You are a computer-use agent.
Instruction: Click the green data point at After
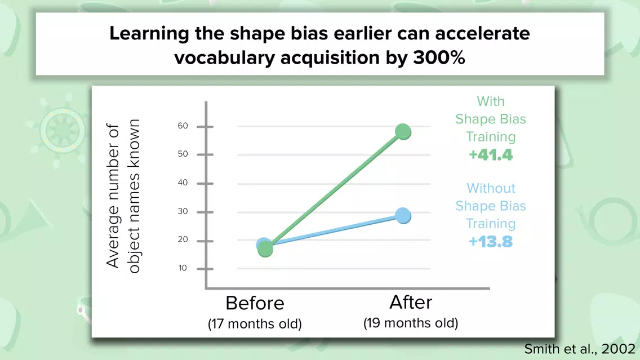point(403,131)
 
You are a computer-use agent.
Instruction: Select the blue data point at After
point(403,216)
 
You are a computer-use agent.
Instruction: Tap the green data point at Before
point(265,249)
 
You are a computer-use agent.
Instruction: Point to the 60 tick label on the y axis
point(183,126)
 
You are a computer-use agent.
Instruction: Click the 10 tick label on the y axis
point(183,268)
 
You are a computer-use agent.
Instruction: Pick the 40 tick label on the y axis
point(183,183)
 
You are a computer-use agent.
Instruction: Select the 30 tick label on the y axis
point(183,211)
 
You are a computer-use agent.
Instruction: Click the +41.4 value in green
point(491,155)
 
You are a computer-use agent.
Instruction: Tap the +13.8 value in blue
point(491,242)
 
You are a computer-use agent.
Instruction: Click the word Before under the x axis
point(255,303)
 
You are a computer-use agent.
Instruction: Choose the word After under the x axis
point(411,303)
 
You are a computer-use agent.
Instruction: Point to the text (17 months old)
point(255,324)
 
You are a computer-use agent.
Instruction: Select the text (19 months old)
point(411,323)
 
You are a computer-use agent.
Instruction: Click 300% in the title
point(439,57)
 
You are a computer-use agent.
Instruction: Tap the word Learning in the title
point(149,34)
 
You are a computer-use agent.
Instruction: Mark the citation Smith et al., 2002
point(580,349)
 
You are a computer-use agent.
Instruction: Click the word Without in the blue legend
point(491,188)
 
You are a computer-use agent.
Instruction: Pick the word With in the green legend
point(491,101)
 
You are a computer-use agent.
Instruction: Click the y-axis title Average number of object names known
point(123,196)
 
